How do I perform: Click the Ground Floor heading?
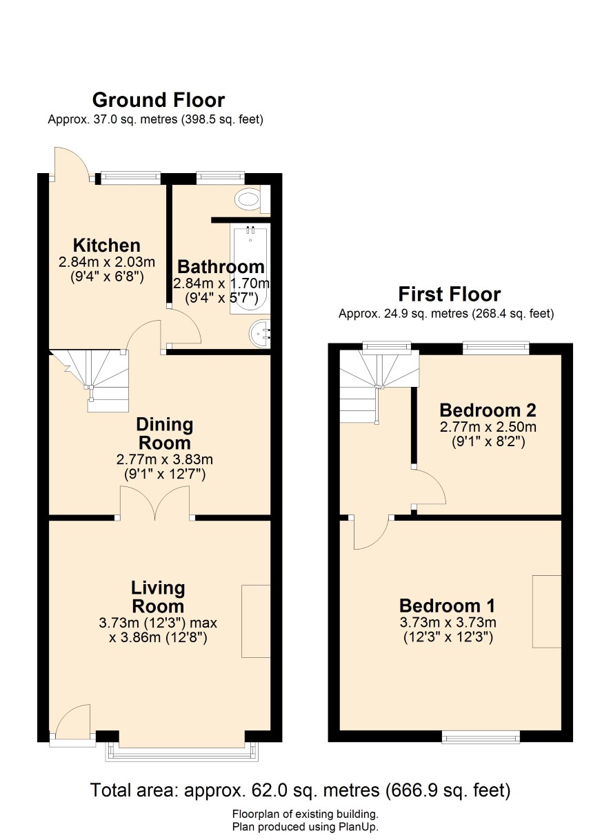159,100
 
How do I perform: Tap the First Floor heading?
449,294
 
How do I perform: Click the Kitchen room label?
106,246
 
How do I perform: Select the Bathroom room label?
221,267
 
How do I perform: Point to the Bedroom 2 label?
488,410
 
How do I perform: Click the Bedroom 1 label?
447,606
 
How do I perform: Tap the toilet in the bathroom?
252,199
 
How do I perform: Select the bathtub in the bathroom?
250,269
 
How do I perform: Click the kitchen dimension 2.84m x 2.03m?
106,262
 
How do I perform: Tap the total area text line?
301,790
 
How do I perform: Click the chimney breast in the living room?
256,621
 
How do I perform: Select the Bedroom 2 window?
496,348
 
